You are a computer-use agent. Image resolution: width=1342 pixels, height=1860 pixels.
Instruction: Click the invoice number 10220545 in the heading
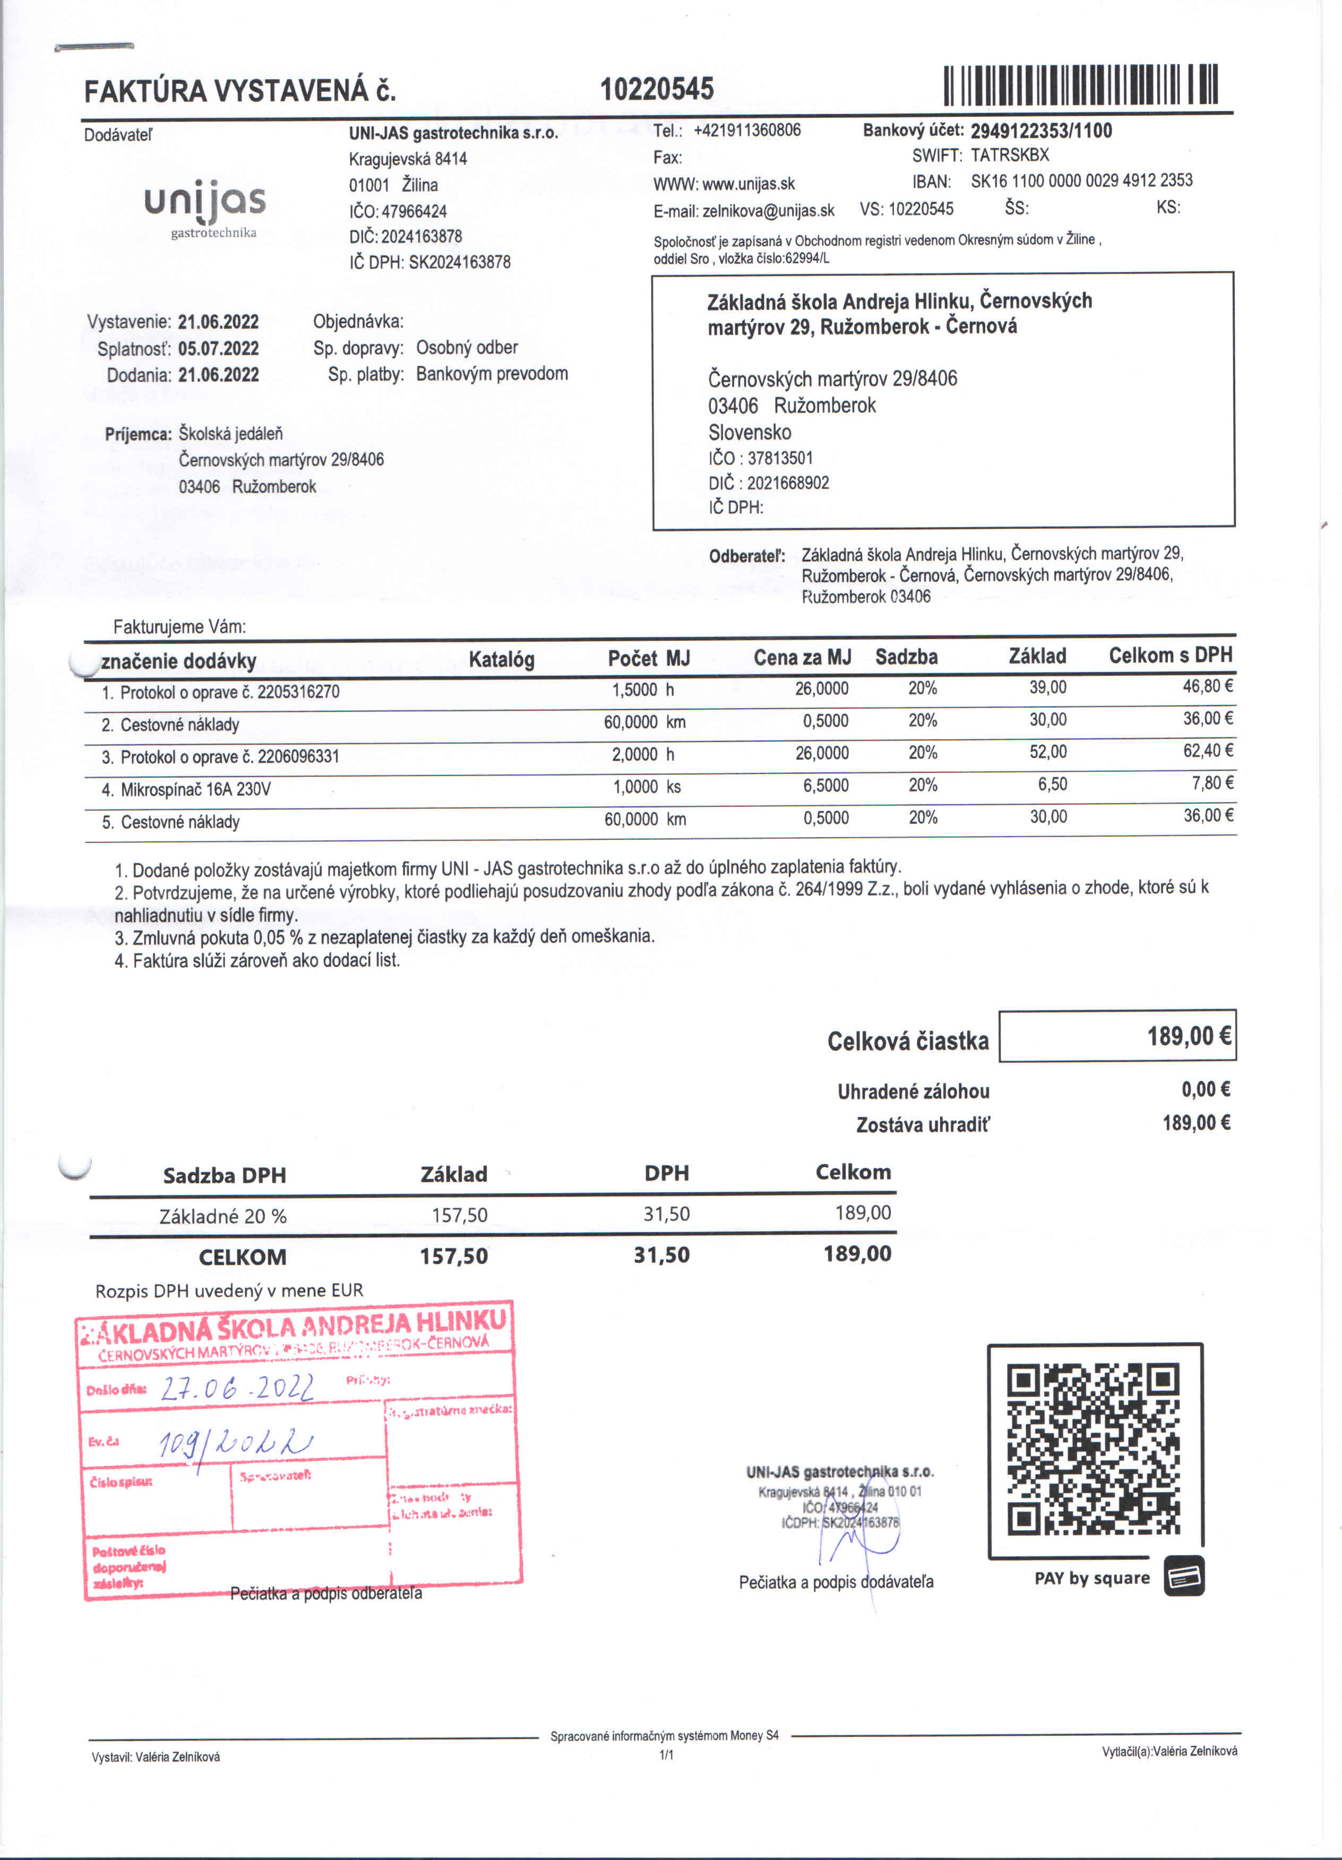tap(657, 89)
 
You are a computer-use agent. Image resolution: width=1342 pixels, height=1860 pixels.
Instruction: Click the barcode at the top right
tap(1080, 85)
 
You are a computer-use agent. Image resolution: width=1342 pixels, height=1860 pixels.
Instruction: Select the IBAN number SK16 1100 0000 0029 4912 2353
tap(1081, 181)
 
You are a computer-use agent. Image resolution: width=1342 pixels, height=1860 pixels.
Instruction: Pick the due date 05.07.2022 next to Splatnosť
tap(218, 349)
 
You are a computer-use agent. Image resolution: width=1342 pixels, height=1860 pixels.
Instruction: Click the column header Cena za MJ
tap(802, 658)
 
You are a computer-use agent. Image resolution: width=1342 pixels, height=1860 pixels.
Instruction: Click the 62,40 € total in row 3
tap(1208, 751)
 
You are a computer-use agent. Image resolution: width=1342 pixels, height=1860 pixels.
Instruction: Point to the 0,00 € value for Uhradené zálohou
tap(1205, 1090)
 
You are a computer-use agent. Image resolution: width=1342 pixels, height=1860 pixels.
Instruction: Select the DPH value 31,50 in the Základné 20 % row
tap(666, 1215)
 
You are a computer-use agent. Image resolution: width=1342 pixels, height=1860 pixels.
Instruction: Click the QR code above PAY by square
tap(1094, 1449)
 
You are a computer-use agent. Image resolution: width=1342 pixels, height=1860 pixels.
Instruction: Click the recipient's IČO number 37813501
tap(779, 459)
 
